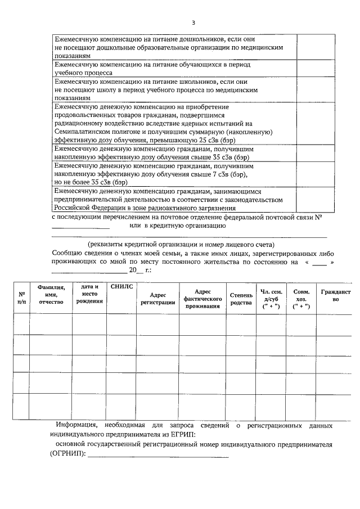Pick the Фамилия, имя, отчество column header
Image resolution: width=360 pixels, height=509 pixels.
click(x=51, y=294)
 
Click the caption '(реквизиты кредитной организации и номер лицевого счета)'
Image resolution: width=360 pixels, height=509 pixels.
click(x=181, y=245)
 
